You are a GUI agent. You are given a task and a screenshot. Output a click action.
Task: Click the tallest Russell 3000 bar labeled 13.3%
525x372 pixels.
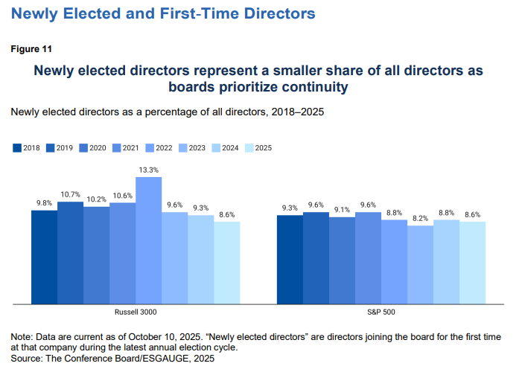tap(148, 240)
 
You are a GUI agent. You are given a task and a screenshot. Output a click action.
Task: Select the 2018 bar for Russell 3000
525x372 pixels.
tap(44, 257)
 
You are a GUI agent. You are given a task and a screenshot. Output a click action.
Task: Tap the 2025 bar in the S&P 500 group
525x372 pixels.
tap(472, 262)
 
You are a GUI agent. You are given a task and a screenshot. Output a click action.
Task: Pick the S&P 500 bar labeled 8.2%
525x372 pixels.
tap(420, 264)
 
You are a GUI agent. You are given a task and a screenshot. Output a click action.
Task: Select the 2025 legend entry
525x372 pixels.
tap(258, 147)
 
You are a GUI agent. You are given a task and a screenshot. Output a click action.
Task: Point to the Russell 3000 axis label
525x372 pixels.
tap(136, 312)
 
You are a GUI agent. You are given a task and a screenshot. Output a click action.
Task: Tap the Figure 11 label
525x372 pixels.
tap(31, 49)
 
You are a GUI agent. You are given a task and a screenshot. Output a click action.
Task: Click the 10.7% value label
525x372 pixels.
tap(70, 195)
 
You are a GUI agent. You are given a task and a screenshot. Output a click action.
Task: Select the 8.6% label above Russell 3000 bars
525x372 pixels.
tap(226, 215)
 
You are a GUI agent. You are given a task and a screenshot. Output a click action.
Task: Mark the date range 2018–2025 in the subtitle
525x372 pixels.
tap(291, 112)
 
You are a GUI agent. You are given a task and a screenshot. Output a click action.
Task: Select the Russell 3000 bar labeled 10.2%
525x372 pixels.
tap(96, 254)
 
